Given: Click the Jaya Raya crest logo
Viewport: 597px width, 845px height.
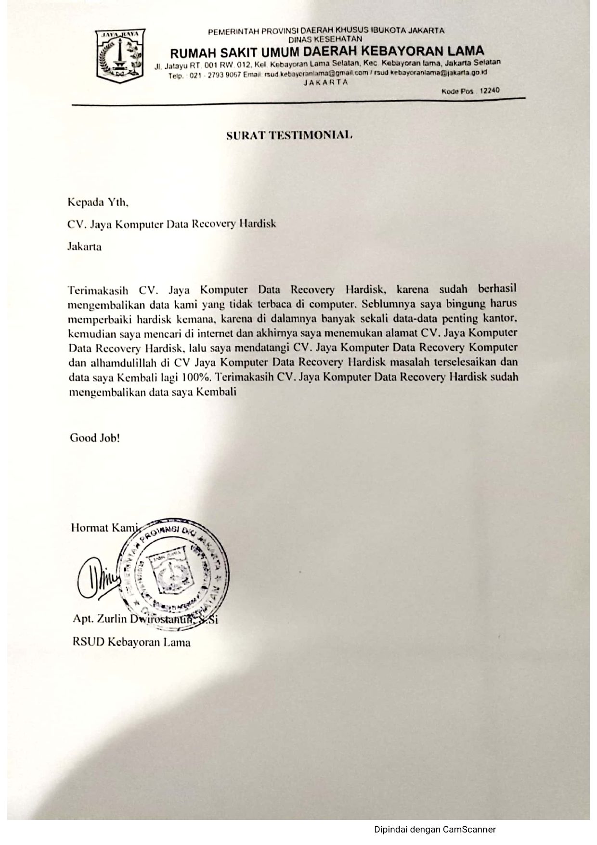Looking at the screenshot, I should point(120,55).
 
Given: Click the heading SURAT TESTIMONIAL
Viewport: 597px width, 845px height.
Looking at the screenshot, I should point(290,135).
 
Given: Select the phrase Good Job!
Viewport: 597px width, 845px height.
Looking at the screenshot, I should point(95,438).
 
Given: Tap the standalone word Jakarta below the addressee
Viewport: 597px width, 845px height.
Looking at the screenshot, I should point(84,247).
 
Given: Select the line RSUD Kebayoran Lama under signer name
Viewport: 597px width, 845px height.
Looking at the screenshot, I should point(131,642).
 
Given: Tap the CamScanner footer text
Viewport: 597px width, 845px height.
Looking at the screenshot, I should point(435,829).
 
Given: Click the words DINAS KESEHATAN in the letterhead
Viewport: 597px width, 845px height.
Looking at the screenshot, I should point(326,39).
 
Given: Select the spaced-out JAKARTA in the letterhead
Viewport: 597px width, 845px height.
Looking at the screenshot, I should point(325,82).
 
